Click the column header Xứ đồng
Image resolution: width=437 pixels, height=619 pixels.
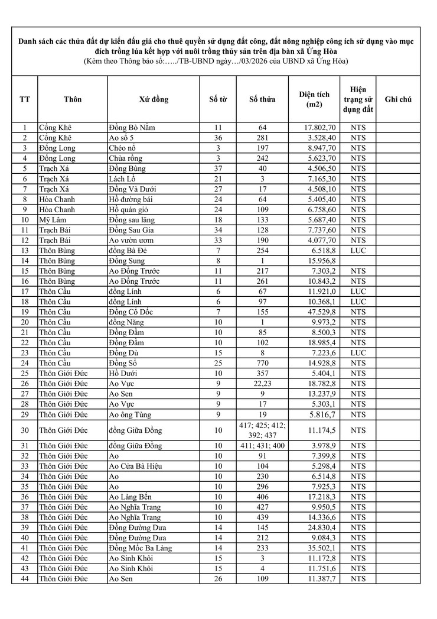click(154, 99)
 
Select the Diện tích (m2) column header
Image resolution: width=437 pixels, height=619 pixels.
click(314, 99)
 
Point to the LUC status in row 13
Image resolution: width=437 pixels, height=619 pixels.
click(358, 251)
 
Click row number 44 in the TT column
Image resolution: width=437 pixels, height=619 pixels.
click(24, 579)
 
